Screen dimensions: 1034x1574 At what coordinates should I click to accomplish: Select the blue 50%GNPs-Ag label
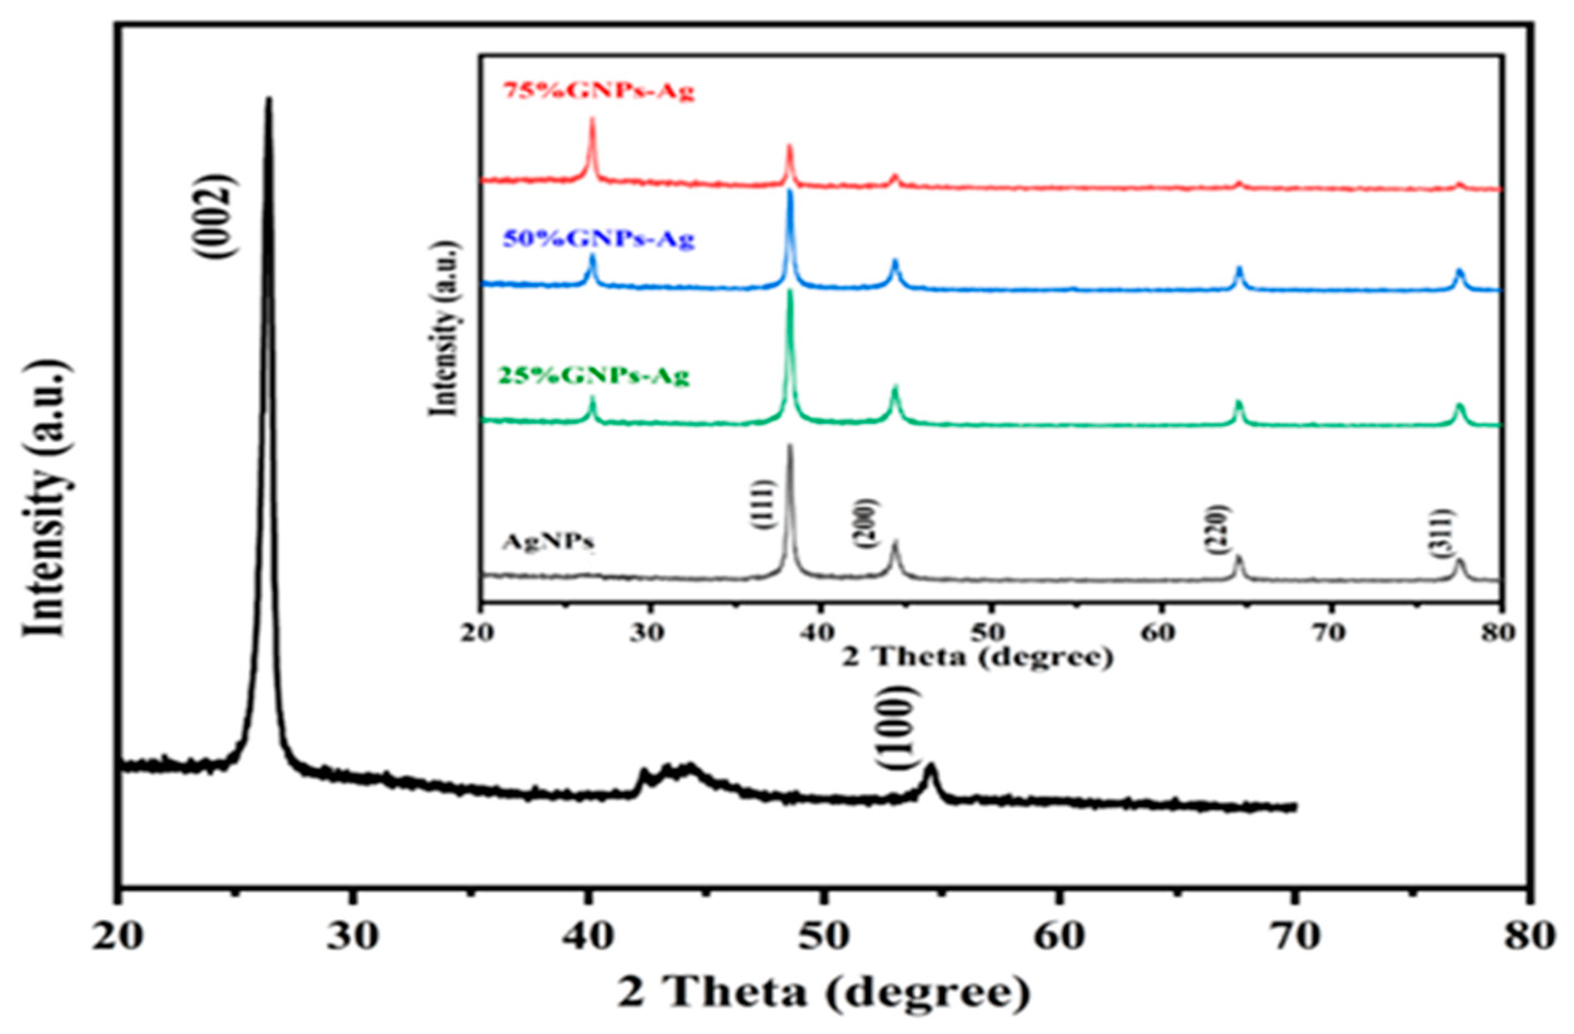click(598, 239)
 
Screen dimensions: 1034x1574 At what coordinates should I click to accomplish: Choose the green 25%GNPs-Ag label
click(593, 376)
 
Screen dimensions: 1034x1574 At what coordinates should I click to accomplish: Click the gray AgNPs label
click(548, 541)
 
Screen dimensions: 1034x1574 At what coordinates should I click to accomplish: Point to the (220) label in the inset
click(1215, 529)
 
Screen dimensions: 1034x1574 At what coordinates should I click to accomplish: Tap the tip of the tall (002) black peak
click(268, 99)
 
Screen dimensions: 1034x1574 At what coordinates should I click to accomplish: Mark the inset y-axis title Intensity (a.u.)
click(444, 328)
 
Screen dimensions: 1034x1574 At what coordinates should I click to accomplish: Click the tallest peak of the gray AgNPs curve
click(789, 446)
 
